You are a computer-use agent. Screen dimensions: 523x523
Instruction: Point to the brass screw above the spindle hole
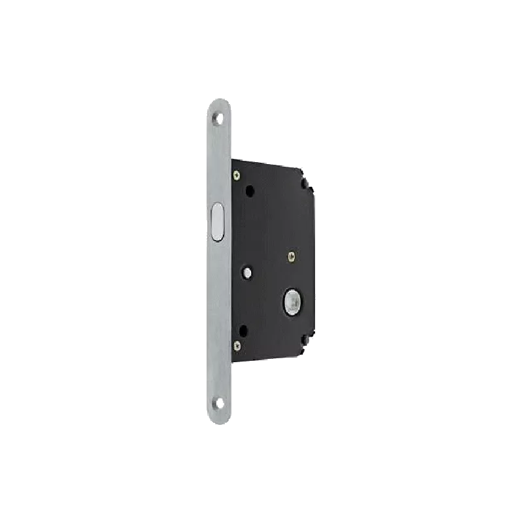[293, 257]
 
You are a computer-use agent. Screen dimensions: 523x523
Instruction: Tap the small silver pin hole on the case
[248, 270]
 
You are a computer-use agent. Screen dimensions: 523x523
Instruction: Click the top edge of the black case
[268, 160]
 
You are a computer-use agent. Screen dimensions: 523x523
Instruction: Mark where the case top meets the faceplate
[231, 159]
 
